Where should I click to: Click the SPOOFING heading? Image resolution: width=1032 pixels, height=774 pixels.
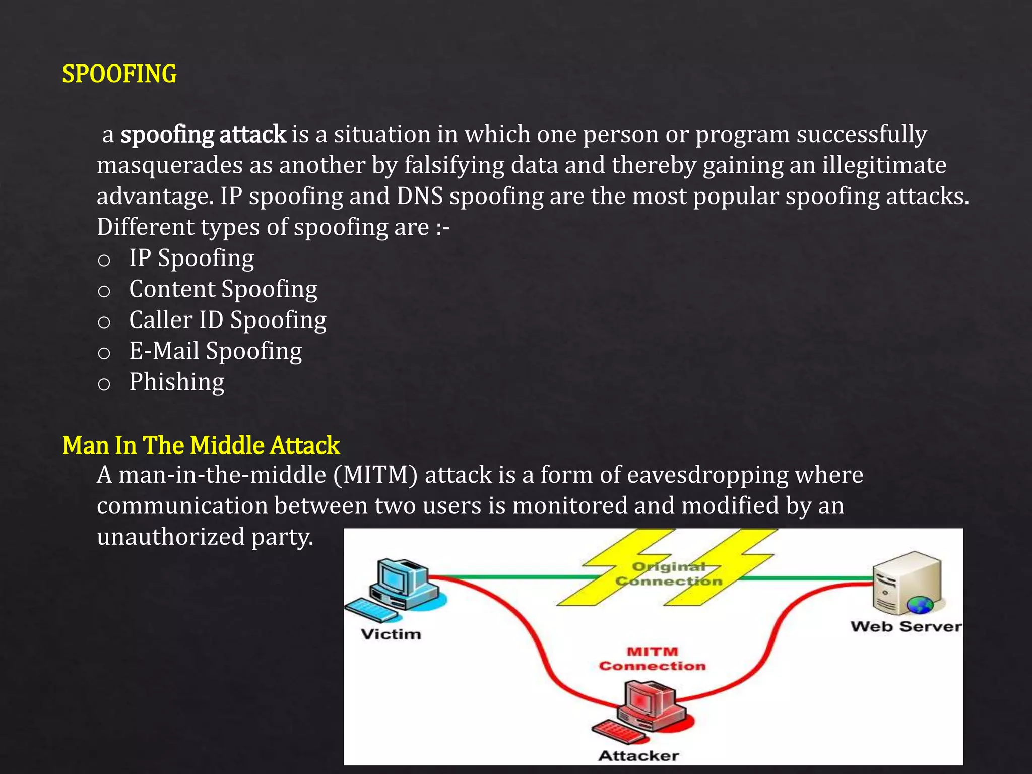[x=119, y=74]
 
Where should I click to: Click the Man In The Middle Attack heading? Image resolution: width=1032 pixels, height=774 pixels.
[x=201, y=445]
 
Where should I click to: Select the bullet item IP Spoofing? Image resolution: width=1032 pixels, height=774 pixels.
[x=191, y=258]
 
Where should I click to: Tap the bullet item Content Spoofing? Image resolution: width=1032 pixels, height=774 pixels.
[x=223, y=289]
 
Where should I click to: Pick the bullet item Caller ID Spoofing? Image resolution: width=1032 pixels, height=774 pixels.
[x=228, y=320]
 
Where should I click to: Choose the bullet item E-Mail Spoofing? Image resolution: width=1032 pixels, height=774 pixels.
[x=216, y=351]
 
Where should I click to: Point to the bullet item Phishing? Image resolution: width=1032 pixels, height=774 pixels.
[x=177, y=382]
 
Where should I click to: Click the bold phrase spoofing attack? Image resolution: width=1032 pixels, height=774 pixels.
[x=204, y=135]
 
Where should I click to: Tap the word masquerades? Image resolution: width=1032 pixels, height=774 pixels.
[x=170, y=165]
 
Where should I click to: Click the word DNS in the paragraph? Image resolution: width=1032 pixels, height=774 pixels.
[x=419, y=196]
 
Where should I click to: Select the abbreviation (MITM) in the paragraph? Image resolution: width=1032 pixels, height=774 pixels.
[x=375, y=475]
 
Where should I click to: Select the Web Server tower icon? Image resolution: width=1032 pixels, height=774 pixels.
[x=907, y=582]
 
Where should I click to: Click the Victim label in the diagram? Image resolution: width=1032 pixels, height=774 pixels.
[x=391, y=634]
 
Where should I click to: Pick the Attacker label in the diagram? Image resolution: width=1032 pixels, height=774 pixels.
[x=638, y=755]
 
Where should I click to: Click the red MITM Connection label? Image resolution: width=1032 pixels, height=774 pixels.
[x=653, y=659]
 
